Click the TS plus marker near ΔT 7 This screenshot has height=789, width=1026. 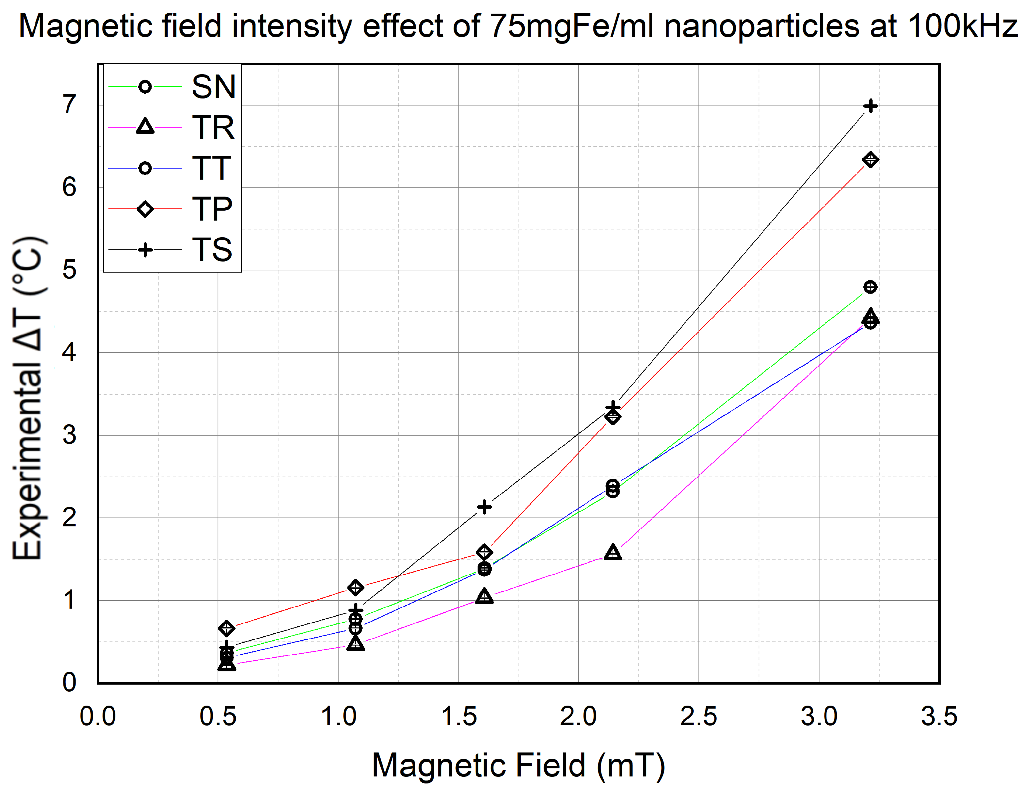coord(870,106)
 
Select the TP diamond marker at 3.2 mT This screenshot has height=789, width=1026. coord(870,160)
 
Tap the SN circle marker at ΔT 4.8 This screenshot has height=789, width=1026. coord(870,287)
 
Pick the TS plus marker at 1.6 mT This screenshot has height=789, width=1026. coord(484,507)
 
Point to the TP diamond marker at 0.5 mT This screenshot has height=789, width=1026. coord(227,628)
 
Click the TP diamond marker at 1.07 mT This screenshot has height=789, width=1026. coord(356,588)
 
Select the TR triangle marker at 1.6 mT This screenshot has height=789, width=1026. coord(484,596)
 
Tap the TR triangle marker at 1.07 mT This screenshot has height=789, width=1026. coord(356,643)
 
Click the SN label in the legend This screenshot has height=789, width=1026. coord(213,87)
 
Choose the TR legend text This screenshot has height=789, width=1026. coord(213,127)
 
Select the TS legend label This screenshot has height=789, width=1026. coord(212,249)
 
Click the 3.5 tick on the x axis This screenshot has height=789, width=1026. coord(939,717)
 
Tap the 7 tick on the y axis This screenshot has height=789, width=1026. coord(69,104)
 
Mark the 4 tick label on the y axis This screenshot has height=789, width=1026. coord(69,352)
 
